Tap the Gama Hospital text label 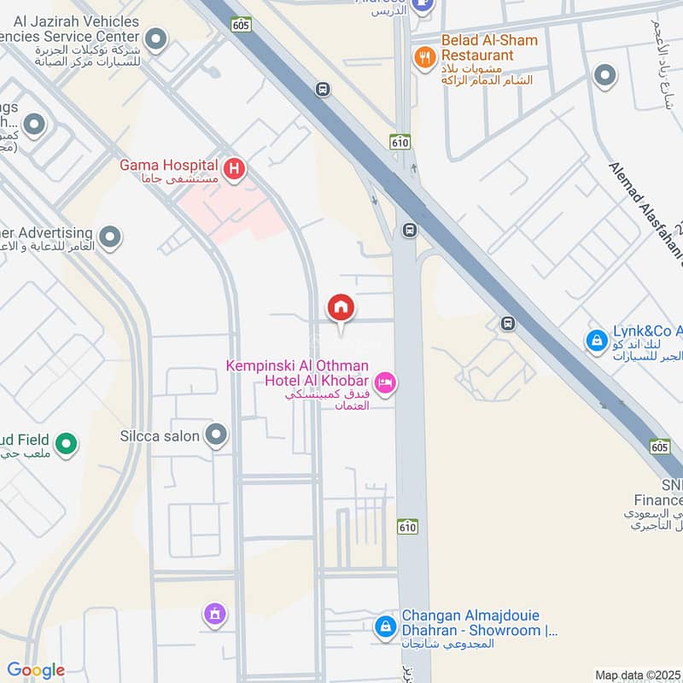(169, 171)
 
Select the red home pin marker (341, 307)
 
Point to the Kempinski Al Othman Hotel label (297, 373)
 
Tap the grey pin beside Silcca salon (217, 436)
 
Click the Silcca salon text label (160, 436)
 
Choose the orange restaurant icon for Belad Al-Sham (423, 56)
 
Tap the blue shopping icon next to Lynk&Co (595, 341)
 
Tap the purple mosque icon (213, 613)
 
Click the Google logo (36, 670)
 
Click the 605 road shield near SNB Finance (659, 446)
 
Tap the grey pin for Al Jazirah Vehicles (155, 38)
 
